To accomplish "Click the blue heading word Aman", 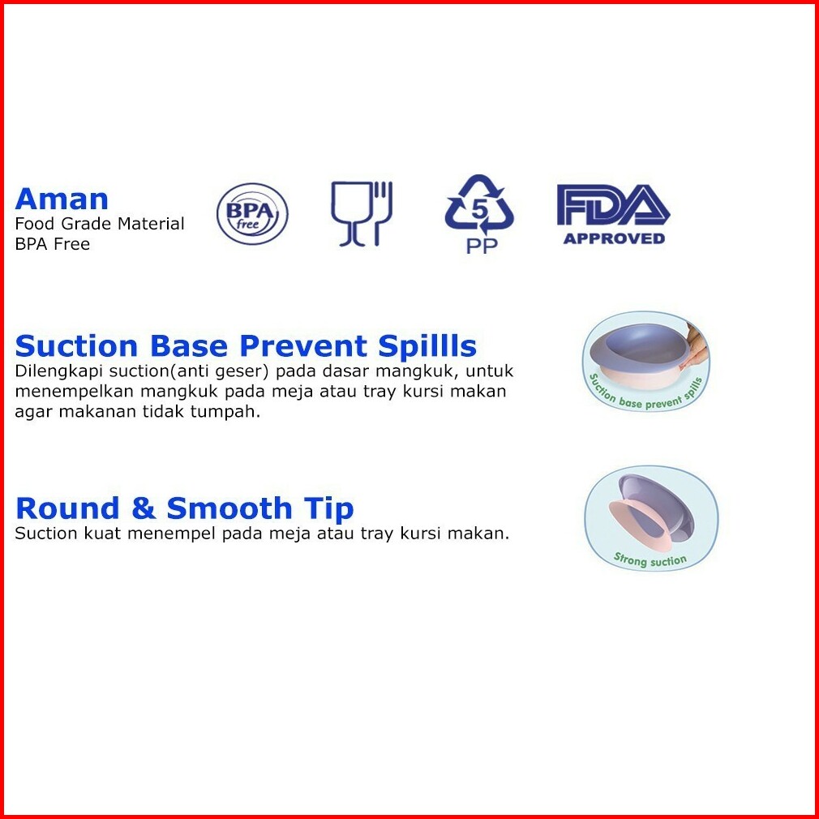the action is pos(62,199).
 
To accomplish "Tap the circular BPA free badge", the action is pos(252,213).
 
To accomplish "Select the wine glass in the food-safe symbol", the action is pos(350,213).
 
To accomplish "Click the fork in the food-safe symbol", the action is pos(383,213).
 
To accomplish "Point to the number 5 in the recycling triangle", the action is pos(479,209).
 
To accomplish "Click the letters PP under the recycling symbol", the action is pos(482,246).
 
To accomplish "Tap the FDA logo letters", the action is pos(613,204).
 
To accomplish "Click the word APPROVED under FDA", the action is pos(614,238).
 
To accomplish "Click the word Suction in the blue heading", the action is pos(76,345).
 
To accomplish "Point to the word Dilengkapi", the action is pos(58,371).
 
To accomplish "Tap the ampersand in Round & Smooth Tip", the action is pos(143,508).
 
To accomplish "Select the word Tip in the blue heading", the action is pos(328,509).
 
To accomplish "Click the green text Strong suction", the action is pos(650,560).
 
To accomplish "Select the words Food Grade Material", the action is pos(99,224).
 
